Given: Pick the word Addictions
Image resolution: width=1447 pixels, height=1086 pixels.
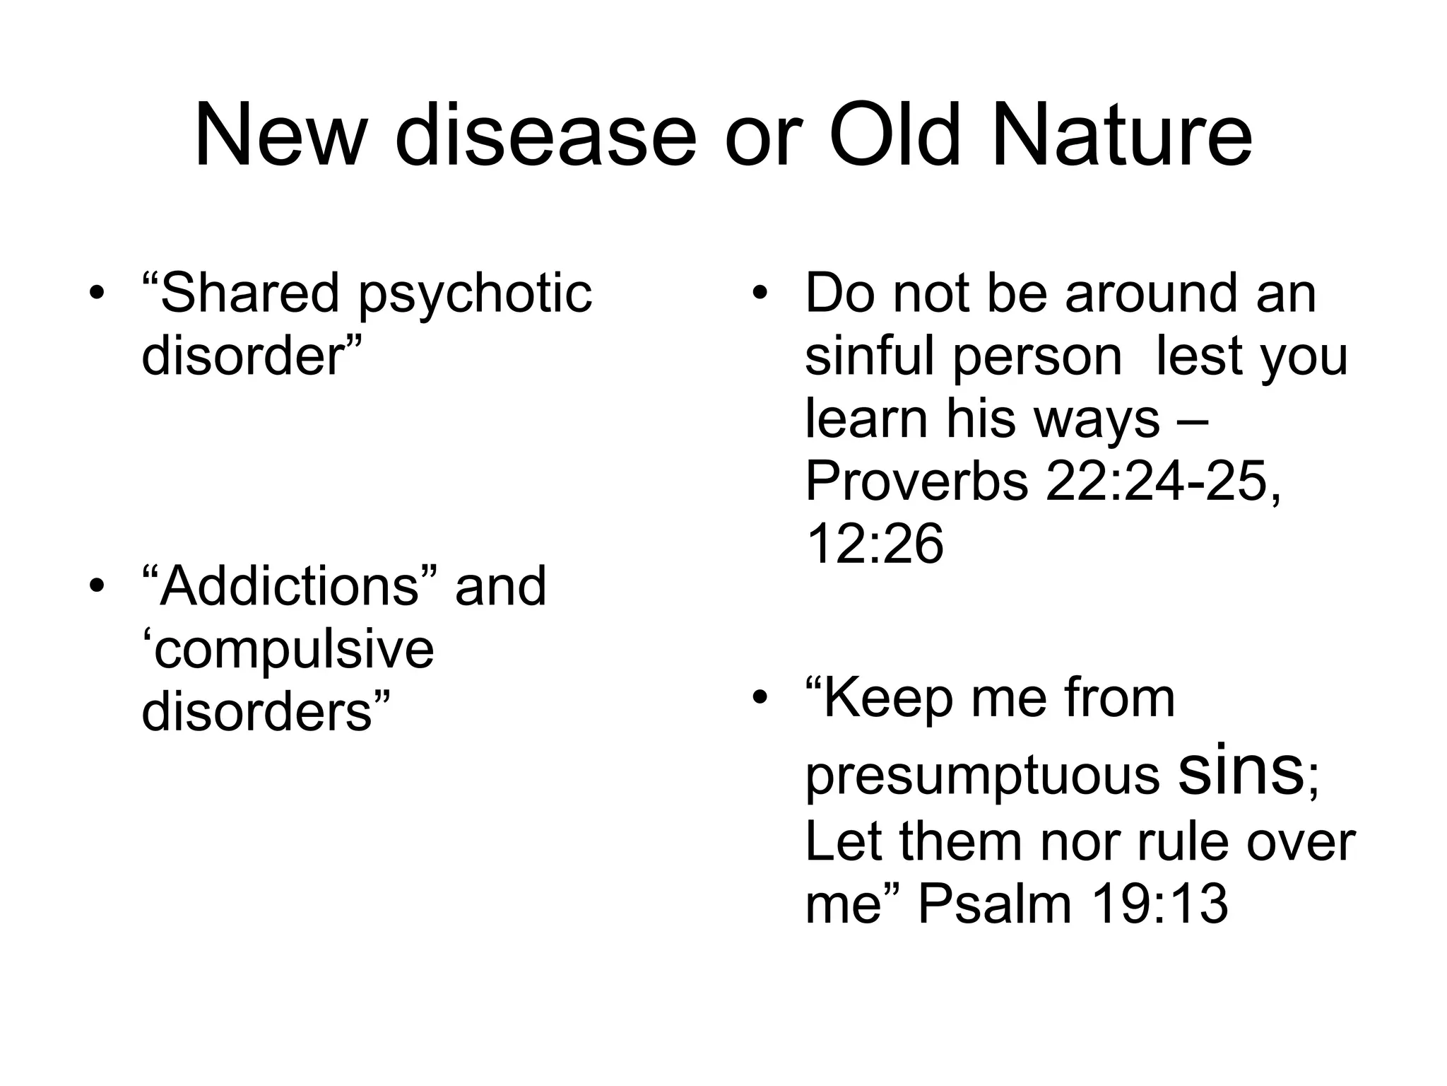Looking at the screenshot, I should click(x=289, y=586).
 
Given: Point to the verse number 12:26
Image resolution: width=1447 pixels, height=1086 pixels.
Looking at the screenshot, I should click(x=874, y=544).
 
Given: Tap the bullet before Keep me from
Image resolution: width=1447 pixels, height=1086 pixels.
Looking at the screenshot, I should click(x=760, y=699).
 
